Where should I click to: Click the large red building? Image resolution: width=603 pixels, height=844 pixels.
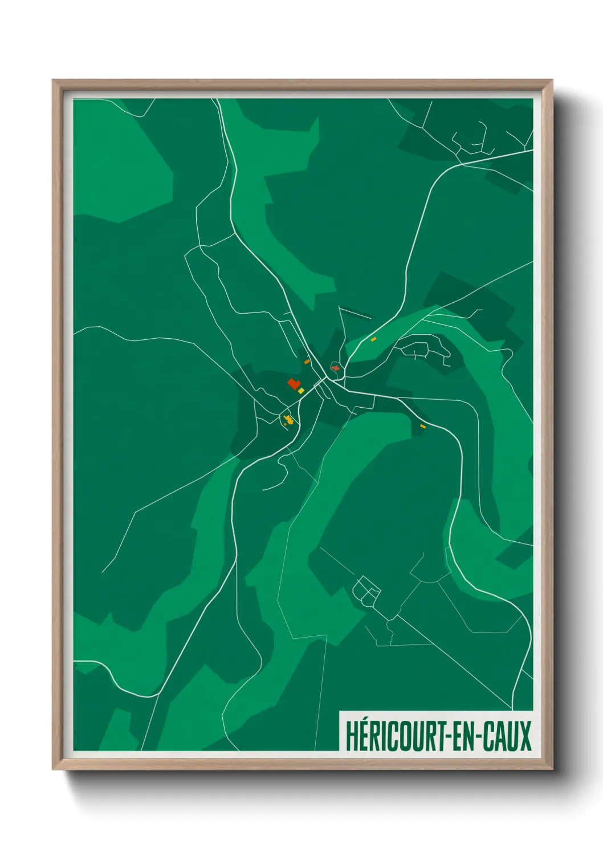pos(294,384)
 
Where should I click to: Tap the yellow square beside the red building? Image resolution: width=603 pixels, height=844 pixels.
pos(301,391)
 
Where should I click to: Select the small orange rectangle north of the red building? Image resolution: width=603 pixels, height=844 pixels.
pos(307,362)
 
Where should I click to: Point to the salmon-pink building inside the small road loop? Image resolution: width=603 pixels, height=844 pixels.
pos(335,368)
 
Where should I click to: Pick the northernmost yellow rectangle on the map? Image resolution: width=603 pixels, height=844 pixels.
pos(373,339)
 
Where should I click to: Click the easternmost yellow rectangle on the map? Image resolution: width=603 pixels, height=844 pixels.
pos(423,426)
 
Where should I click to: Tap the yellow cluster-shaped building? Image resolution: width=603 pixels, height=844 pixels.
pos(289,420)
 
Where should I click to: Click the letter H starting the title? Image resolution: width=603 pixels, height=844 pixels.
pos(350,736)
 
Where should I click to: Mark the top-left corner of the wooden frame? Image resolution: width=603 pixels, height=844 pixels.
pos(53,80)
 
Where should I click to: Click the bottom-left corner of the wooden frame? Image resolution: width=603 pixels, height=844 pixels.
pos(53,769)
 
